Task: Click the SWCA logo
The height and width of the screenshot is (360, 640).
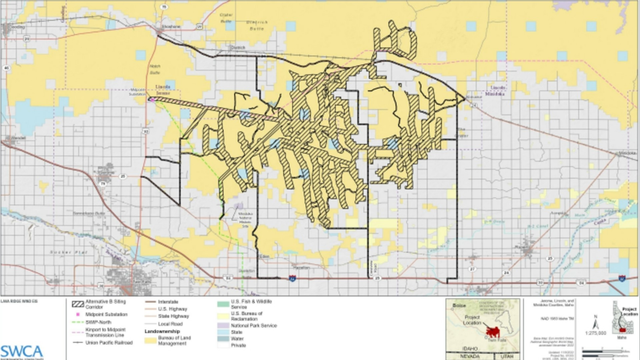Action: [x=22, y=352]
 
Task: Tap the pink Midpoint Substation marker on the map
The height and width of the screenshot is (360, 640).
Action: [x=152, y=99]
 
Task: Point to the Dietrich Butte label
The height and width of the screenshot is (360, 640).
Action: [x=257, y=25]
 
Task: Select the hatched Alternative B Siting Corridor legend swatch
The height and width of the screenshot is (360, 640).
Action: [x=78, y=304]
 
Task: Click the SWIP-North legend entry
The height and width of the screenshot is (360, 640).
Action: [x=98, y=322]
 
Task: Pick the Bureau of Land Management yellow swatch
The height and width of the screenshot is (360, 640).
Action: [x=151, y=340]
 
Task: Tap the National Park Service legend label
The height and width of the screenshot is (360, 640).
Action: [x=254, y=325]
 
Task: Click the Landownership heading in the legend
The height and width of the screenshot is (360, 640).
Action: [x=162, y=331]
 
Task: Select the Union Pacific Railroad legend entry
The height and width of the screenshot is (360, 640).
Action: [x=109, y=343]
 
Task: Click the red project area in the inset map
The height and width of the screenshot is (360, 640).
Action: [x=492, y=332]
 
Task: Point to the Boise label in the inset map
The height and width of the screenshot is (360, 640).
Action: [x=459, y=305]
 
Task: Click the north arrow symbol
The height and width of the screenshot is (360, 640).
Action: [x=595, y=323]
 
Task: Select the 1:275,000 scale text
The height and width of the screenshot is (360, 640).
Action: [x=595, y=333]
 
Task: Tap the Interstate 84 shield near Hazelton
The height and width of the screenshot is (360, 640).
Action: [x=292, y=278]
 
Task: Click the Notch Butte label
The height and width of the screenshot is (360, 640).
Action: [x=155, y=69]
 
